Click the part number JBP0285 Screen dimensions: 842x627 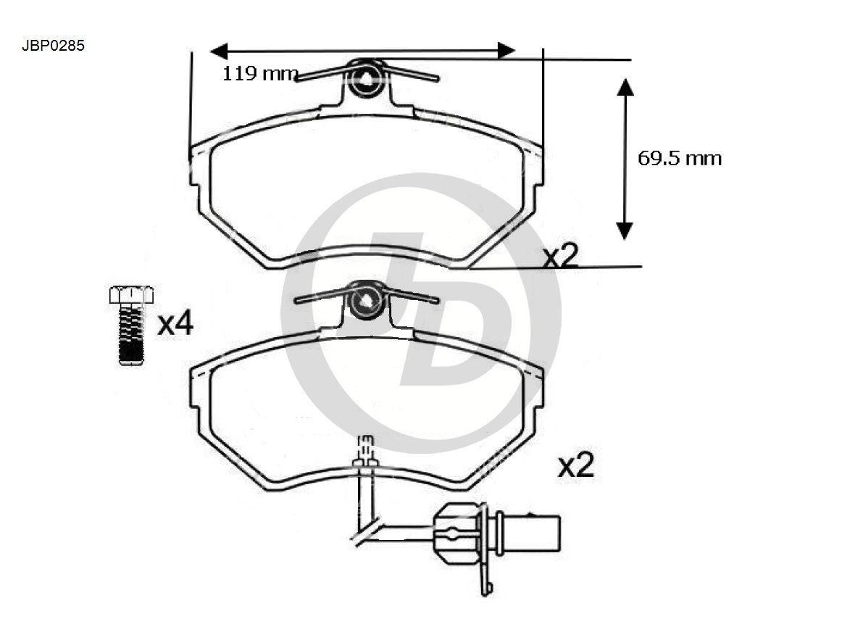coord(53,46)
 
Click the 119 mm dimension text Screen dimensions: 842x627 coord(260,73)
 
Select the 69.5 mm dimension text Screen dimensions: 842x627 coord(679,158)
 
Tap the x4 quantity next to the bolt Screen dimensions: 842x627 coord(175,324)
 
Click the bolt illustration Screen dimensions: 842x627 coord(131,325)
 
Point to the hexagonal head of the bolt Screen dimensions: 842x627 coord(131,294)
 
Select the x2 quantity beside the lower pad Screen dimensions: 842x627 coord(575,465)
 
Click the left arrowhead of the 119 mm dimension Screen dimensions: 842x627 coord(219,51)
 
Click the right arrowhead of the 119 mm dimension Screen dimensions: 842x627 coord(507,51)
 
